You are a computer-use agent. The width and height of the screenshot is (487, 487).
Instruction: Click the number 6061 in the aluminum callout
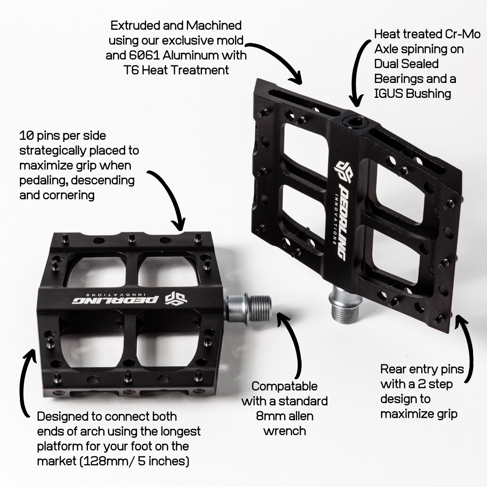(x=140, y=55)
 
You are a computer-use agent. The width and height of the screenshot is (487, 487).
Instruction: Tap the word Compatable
(x=284, y=386)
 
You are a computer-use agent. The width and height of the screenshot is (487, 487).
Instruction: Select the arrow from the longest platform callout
(x=25, y=383)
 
